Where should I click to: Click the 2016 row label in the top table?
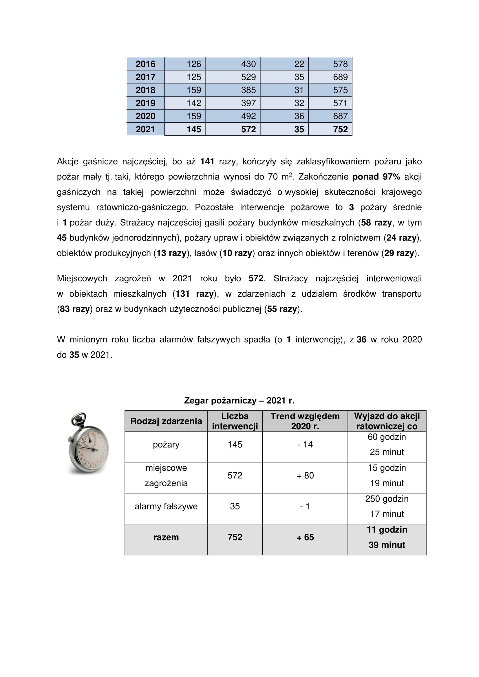(145, 64)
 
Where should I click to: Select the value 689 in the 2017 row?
(340, 77)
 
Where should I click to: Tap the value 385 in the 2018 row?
(248, 90)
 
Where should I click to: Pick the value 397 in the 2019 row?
(248, 103)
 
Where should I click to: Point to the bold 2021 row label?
(145, 129)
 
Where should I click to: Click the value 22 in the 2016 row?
(299, 64)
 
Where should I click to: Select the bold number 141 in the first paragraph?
(207, 162)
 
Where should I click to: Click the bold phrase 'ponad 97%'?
(376, 177)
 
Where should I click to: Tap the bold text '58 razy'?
(376, 222)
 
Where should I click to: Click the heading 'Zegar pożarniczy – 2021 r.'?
(239, 400)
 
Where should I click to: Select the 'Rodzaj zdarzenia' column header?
(166, 421)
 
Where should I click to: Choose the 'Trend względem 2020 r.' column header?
(305, 421)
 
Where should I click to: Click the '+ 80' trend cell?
(305, 476)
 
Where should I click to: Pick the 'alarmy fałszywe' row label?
(166, 506)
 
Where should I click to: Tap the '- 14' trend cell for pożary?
(305, 445)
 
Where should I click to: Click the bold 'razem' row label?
(166, 537)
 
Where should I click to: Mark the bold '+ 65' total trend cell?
(305, 537)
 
